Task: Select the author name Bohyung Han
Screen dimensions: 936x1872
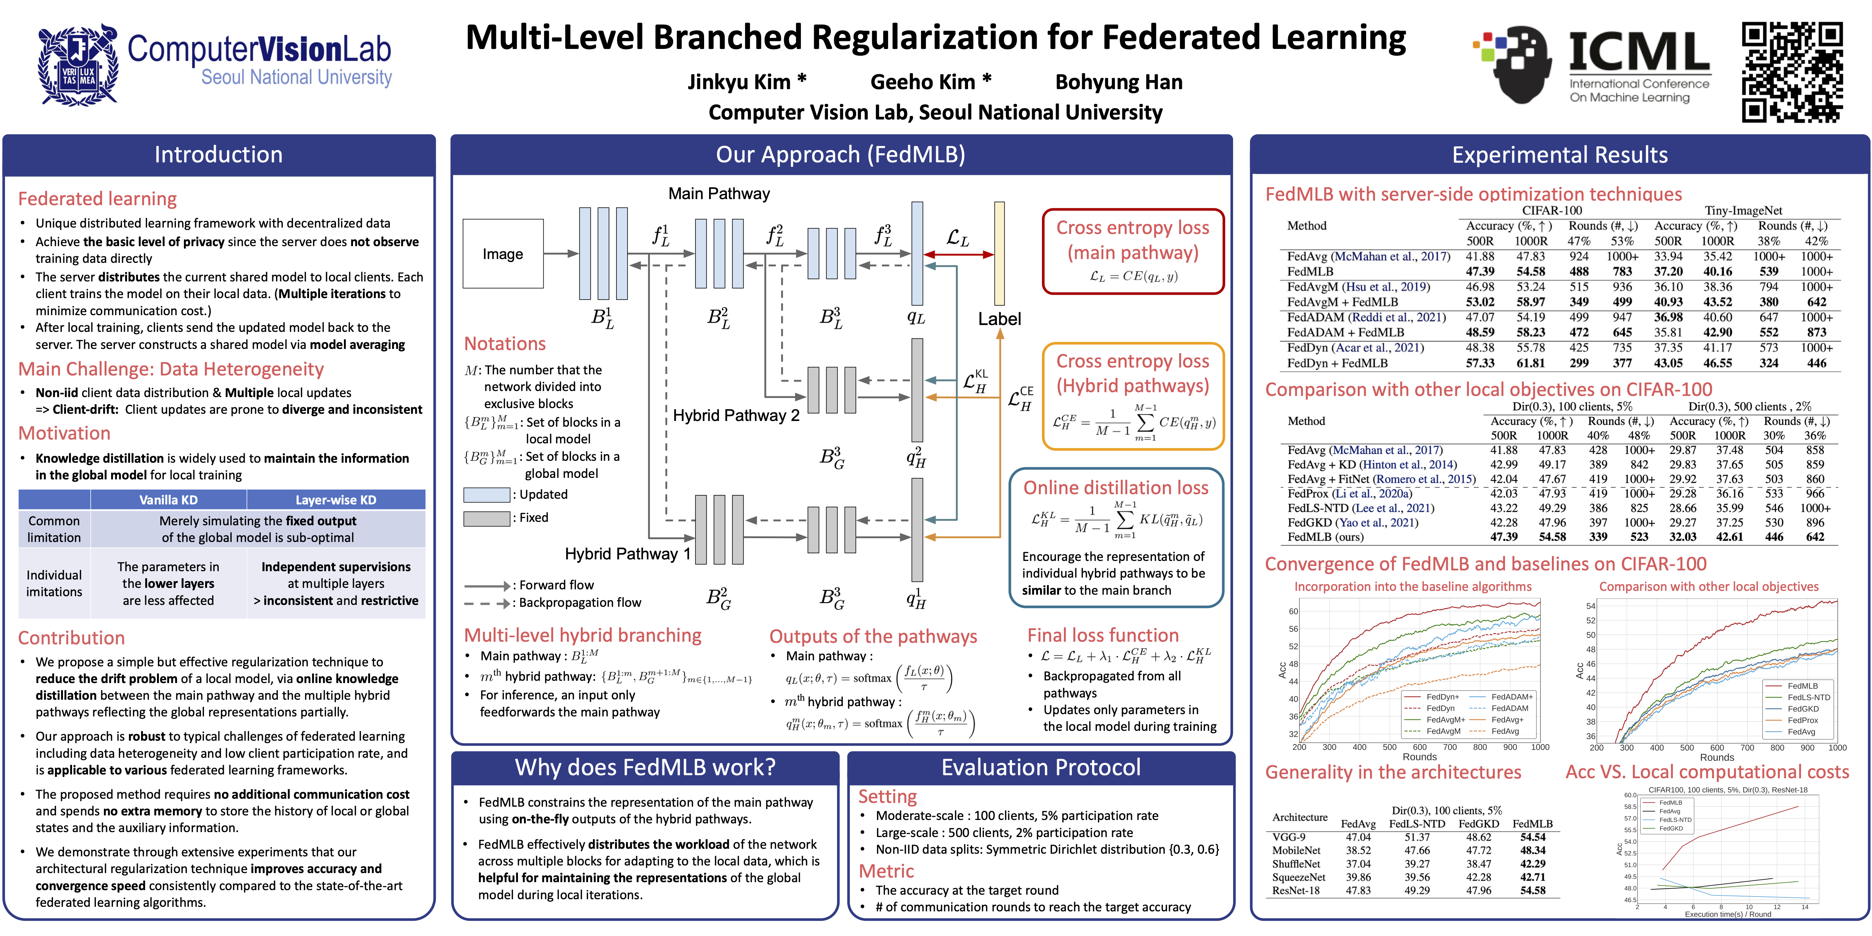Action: click(x=1119, y=82)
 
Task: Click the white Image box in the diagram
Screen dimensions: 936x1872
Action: click(x=503, y=254)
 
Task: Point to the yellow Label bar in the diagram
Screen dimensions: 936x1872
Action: click(x=999, y=253)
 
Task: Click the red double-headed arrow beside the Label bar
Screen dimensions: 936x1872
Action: click(x=958, y=254)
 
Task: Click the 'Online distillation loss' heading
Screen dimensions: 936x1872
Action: click(x=1116, y=488)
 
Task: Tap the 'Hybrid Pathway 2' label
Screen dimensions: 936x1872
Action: click(x=736, y=416)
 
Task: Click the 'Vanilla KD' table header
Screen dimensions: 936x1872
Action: click(x=169, y=500)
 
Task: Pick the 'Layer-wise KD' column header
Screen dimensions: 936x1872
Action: click(x=336, y=500)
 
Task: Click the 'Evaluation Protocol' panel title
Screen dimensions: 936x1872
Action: click(x=1040, y=767)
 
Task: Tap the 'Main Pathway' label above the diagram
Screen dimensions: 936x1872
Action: click(x=719, y=193)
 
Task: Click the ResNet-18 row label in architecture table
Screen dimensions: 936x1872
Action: click(x=1296, y=890)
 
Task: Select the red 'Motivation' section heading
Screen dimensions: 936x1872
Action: click(x=65, y=433)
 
